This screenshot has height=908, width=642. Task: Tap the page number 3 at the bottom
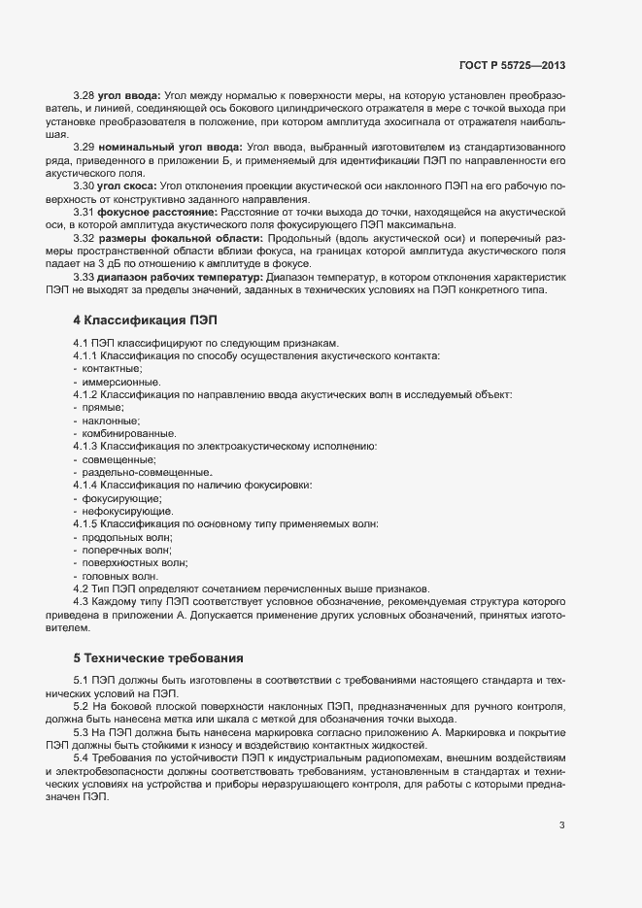tap(561, 825)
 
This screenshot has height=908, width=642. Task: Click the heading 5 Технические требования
tap(152, 656)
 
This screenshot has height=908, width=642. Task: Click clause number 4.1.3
tap(87, 446)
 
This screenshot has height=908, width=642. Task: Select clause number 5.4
tap(81, 755)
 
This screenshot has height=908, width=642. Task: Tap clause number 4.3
tap(81, 601)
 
